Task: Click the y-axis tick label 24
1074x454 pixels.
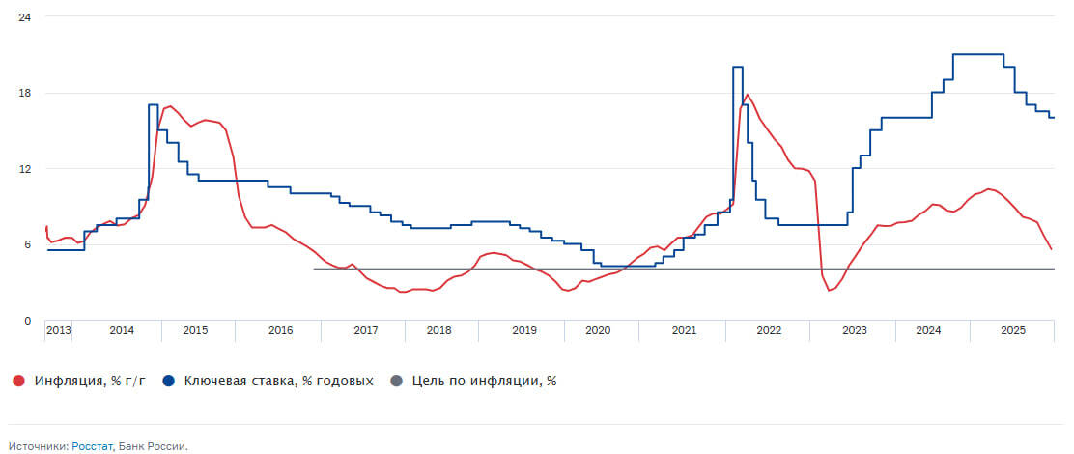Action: (26, 17)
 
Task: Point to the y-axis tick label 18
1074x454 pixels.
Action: (26, 93)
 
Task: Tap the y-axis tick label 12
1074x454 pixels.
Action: (26, 169)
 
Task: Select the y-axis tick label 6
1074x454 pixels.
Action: (27, 244)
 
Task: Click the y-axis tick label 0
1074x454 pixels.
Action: (27, 320)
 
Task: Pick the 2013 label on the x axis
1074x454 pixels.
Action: (58, 330)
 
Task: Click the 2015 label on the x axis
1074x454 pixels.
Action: (195, 330)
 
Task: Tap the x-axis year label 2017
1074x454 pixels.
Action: (365, 330)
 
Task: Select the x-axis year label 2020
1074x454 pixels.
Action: (598, 330)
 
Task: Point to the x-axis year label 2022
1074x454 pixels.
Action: (769, 330)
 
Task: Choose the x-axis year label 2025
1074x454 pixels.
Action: (1012, 330)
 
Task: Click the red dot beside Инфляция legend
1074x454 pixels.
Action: (19, 381)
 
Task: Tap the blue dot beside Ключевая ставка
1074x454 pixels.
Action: (169, 381)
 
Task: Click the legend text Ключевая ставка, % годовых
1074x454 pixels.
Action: (278, 381)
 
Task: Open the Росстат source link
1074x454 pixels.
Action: (92, 446)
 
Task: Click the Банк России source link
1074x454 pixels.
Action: (152, 446)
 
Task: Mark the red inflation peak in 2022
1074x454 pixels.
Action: (747, 95)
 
